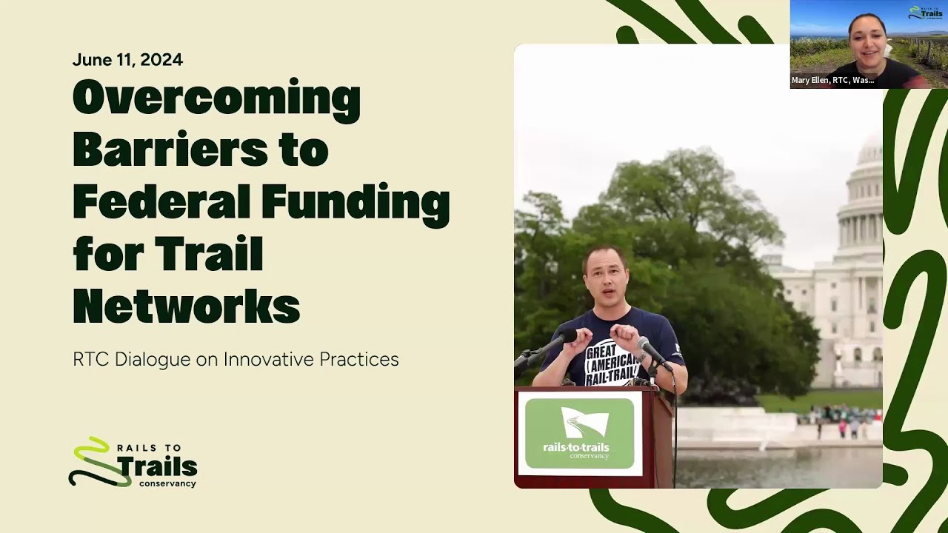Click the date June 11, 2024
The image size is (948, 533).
pyautogui.click(x=127, y=60)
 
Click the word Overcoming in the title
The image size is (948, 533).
pyautogui.click(x=216, y=101)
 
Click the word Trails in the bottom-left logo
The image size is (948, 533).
pyautogui.click(x=156, y=466)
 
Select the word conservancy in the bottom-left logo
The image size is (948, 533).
pyautogui.click(x=167, y=483)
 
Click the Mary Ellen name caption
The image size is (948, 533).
pyautogui.click(x=832, y=80)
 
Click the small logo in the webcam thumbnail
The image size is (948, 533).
pyautogui.click(x=926, y=13)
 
